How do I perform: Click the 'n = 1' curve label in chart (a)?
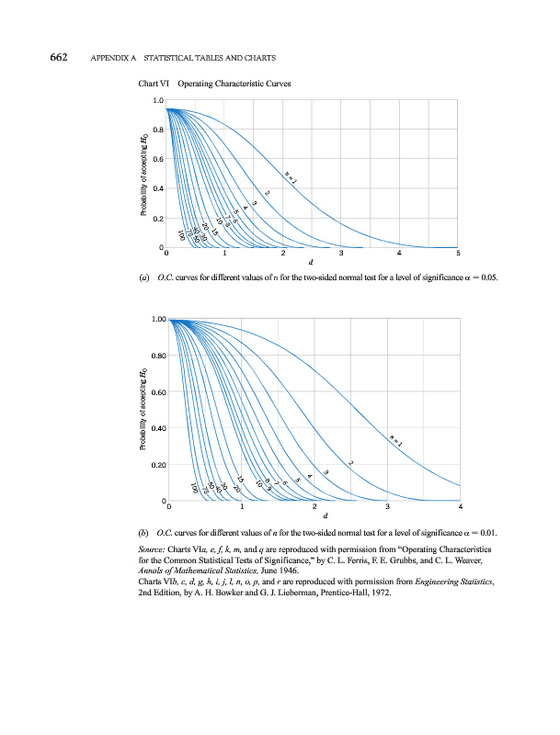pyautogui.click(x=291, y=175)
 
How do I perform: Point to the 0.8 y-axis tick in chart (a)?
pyautogui.click(x=158, y=130)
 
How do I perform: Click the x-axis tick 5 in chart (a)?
pyautogui.click(x=457, y=254)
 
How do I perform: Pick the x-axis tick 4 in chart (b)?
pyautogui.click(x=460, y=507)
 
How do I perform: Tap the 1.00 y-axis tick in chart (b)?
pyautogui.click(x=154, y=320)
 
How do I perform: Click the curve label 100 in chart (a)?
pyautogui.click(x=182, y=236)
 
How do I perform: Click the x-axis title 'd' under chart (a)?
pyautogui.click(x=312, y=265)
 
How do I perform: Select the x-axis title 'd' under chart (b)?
pyautogui.click(x=314, y=517)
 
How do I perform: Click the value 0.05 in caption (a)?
pyautogui.click(x=487, y=277)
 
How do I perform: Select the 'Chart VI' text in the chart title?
pyautogui.click(x=153, y=84)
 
